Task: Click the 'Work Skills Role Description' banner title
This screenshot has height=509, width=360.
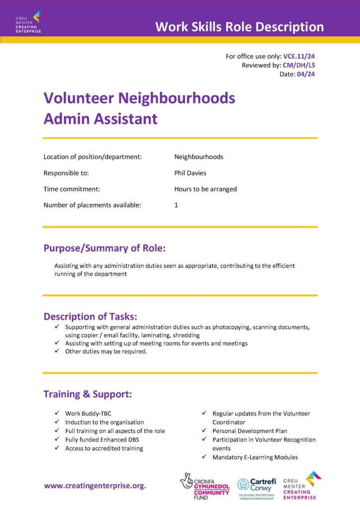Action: (239, 26)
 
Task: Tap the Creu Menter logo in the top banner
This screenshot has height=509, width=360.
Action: (30, 22)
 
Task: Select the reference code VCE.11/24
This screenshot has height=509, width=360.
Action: (299, 56)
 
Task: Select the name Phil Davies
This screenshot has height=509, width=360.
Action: (190, 173)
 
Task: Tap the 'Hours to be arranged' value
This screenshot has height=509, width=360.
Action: (205, 189)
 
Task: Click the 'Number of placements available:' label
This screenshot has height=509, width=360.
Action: (92, 205)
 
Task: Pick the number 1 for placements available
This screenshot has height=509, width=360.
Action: (176, 205)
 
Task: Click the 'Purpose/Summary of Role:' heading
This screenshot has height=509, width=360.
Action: (104, 248)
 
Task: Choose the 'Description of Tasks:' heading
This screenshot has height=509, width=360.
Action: (90, 316)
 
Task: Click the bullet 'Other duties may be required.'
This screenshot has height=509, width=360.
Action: (106, 351)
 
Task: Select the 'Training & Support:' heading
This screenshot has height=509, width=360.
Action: (88, 394)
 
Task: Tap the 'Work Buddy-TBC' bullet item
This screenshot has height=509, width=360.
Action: (89, 413)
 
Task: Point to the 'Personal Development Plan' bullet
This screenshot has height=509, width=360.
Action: (250, 431)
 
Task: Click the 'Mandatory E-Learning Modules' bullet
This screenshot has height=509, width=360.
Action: (255, 457)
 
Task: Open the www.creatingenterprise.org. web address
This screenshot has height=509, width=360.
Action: (95, 486)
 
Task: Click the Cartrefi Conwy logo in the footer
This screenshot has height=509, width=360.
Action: (256, 486)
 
